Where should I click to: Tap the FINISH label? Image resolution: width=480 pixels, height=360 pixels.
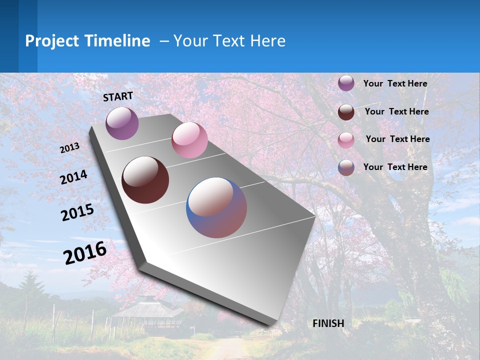pyautogui.click(x=328, y=323)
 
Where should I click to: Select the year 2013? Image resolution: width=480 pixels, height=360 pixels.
pyautogui.click(x=69, y=147)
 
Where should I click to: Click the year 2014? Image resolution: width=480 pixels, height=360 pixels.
pyautogui.click(x=73, y=177)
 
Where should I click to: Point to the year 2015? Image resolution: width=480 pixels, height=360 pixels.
pyautogui.click(x=77, y=212)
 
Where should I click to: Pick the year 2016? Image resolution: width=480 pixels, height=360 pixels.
pyautogui.click(x=85, y=252)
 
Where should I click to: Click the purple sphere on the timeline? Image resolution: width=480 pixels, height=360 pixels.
pyautogui.click(x=122, y=123)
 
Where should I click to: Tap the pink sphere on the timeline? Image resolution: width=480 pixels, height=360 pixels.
pyautogui.click(x=189, y=140)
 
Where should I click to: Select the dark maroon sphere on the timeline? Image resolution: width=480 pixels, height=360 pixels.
pyautogui.click(x=145, y=180)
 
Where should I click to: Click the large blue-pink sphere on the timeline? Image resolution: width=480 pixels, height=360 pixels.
pyautogui.click(x=216, y=207)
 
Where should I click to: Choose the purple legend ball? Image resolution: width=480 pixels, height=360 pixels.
pyautogui.click(x=346, y=83)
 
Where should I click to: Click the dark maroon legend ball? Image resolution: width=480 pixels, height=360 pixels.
pyautogui.click(x=346, y=112)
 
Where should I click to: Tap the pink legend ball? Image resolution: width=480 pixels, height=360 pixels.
pyautogui.click(x=346, y=140)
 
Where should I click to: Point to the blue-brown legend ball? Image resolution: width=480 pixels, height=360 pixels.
pyautogui.click(x=346, y=167)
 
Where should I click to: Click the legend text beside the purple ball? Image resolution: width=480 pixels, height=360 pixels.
pyautogui.click(x=395, y=83)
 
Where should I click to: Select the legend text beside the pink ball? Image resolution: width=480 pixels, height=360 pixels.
pyautogui.click(x=397, y=139)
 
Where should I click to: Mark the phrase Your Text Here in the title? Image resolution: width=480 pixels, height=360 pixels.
pyautogui.click(x=229, y=41)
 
